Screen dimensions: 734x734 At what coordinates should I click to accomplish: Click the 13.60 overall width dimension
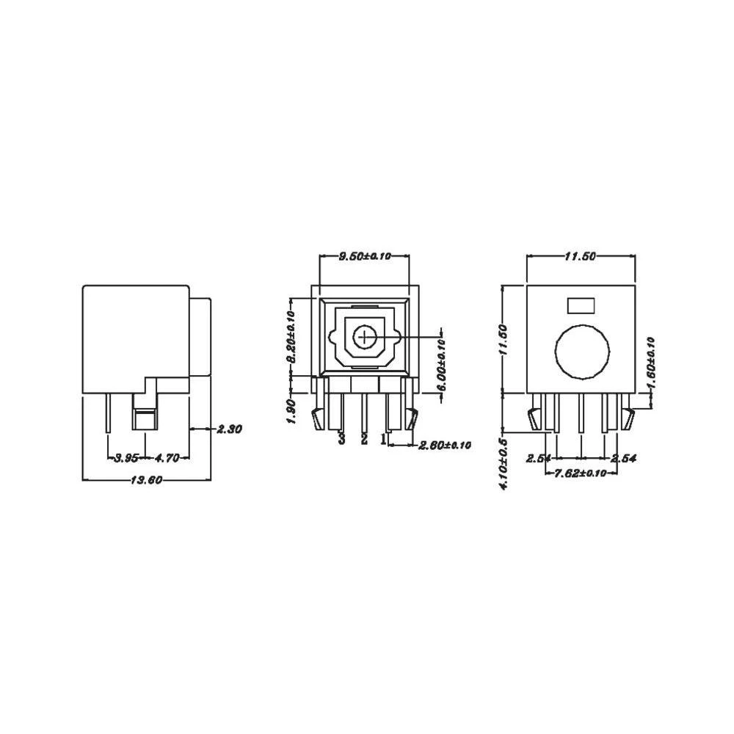pyautogui.click(x=147, y=481)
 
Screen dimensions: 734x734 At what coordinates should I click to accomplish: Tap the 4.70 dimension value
pyautogui.click(x=168, y=458)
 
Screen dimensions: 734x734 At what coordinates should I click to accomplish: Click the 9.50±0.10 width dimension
pyautogui.click(x=364, y=256)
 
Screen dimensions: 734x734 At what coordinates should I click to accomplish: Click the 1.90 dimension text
pyautogui.click(x=291, y=411)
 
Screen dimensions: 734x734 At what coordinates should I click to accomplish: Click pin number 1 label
pyautogui.click(x=383, y=439)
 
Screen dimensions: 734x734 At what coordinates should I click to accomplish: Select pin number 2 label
pyautogui.click(x=364, y=439)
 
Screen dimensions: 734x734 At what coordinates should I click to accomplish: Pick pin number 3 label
pyautogui.click(x=341, y=439)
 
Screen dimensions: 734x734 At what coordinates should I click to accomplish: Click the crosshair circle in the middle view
pyautogui.click(x=364, y=338)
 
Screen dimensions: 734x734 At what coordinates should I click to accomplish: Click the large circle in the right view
pyautogui.click(x=582, y=351)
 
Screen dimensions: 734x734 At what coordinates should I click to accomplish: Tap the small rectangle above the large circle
pyautogui.click(x=581, y=304)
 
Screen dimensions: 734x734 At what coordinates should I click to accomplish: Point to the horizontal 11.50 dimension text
pyautogui.click(x=580, y=256)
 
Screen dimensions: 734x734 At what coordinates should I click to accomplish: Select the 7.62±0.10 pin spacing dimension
pyautogui.click(x=580, y=473)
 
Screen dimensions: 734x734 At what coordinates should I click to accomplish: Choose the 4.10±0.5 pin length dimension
pyautogui.click(x=504, y=465)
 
